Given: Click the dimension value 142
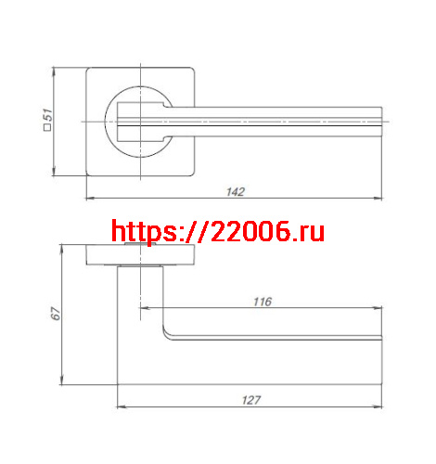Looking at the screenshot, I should point(235,192).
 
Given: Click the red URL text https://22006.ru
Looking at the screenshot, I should point(218,231).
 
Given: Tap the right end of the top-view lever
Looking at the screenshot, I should point(381,122).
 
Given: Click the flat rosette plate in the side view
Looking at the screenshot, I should point(139,255).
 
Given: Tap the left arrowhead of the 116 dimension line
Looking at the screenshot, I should point(142,308).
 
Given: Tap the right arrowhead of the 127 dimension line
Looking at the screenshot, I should point(380,407).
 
